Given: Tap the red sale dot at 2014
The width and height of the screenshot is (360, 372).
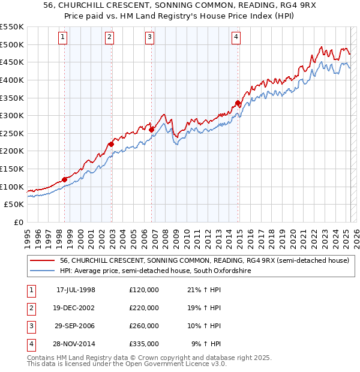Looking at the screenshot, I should [x=238, y=103].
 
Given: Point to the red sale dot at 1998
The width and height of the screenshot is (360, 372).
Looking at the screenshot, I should [x=64, y=179].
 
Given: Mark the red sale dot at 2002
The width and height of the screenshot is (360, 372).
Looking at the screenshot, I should [x=111, y=144].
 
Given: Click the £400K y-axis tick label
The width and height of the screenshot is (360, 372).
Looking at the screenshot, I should [x=12, y=80].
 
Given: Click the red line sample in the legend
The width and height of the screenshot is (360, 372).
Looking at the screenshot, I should [x=42, y=260].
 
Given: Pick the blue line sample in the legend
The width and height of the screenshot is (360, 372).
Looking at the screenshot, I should [x=42, y=271].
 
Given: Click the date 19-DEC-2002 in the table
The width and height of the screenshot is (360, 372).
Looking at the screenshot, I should [x=75, y=308].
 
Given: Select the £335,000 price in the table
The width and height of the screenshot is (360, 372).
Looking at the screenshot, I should [x=144, y=344].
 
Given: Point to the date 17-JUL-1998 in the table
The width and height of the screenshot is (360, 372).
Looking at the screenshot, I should [x=75, y=290].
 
